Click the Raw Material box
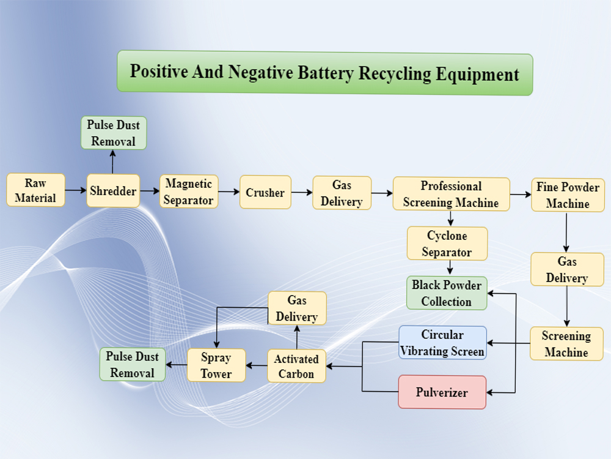tap(35, 190)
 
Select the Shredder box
tap(113, 190)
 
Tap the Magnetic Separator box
tap(189, 192)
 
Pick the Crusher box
tap(265, 192)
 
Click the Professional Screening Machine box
tap(451, 194)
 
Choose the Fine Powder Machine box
tap(568, 195)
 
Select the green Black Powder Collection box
tap(447, 293)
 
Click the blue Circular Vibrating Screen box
tap(442, 343)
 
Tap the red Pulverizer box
tap(442, 392)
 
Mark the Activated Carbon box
tap(296, 366)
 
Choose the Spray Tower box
tap(216, 365)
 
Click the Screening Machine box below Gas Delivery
tap(566, 344)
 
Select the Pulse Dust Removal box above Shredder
tap(114, 133)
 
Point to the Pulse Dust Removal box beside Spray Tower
tap(133, 364)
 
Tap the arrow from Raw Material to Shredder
tap(76, 190)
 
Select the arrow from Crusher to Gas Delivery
tap(302, 192)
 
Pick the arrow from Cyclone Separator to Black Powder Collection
tap(450, 268)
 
